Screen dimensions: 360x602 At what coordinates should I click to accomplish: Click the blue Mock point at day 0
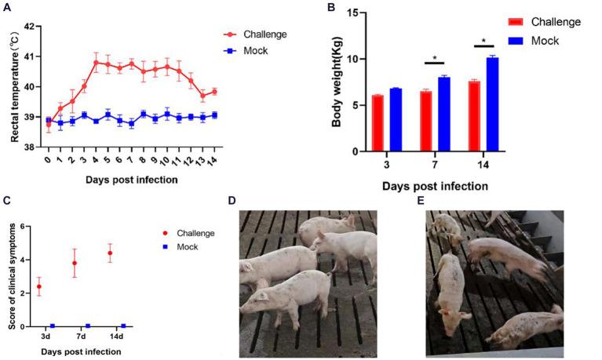coord(48,121)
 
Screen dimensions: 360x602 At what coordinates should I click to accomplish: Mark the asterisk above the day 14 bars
coord(483,41)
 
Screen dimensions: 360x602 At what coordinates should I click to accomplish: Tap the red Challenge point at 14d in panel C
coord(110,253)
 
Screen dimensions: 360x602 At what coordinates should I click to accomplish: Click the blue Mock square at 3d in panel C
coord(52,325)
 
